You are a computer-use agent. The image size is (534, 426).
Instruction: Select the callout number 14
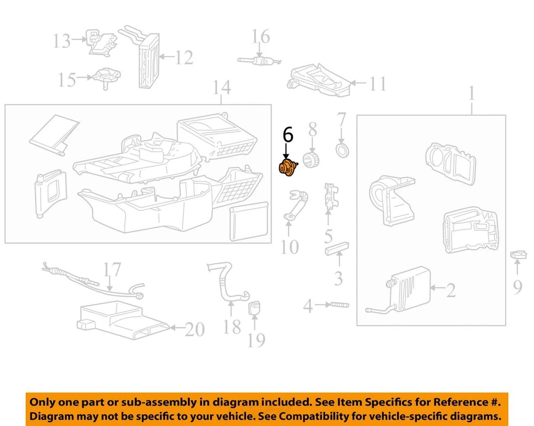click(x=221, y=89)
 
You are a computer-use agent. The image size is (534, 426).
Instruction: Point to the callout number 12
click(x=184, y=57)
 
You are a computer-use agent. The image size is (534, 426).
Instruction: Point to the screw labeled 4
click(x=339, y=305)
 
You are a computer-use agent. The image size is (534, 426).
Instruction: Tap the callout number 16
click(x=260, y=37)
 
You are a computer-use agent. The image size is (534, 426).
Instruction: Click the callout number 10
click(x=290, y=246)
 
